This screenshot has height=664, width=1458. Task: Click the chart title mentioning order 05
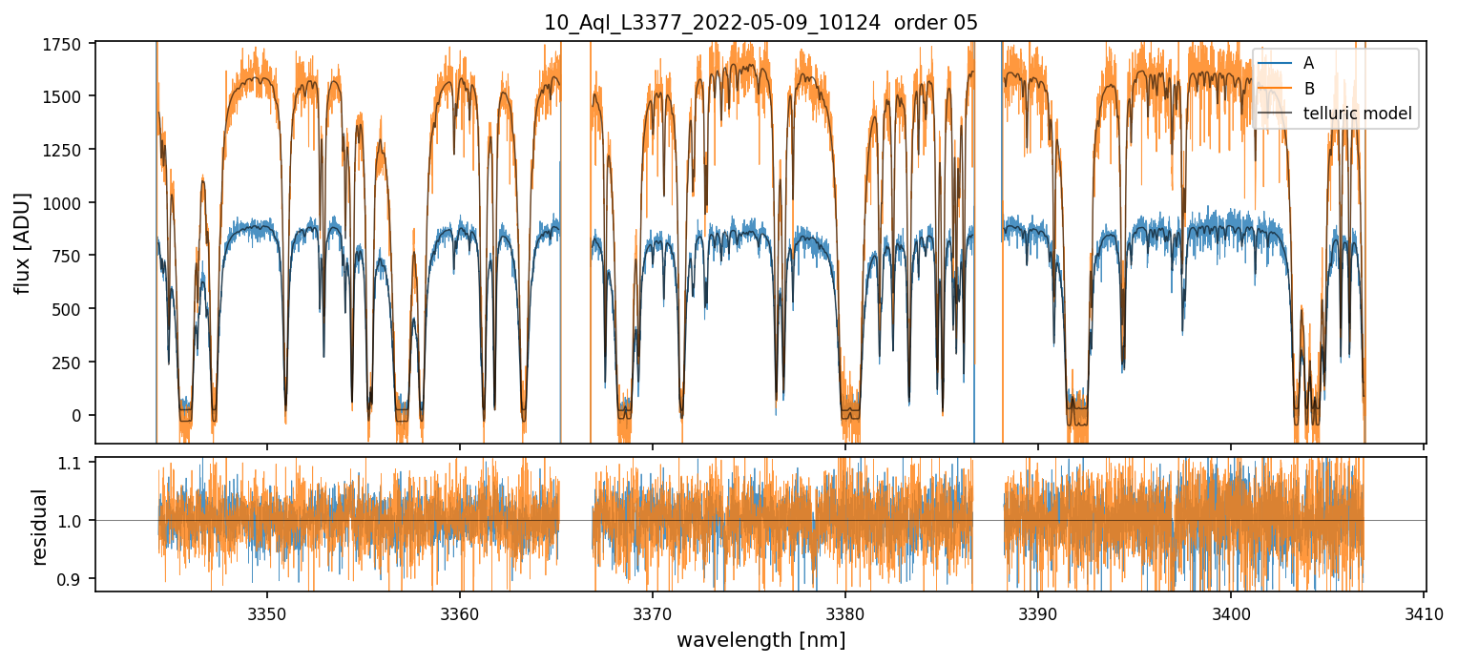[760, 23]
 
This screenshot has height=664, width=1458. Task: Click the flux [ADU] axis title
[22, 242]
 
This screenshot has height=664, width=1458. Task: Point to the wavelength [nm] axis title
[760, 639]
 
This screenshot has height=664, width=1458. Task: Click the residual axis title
[39, 527]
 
